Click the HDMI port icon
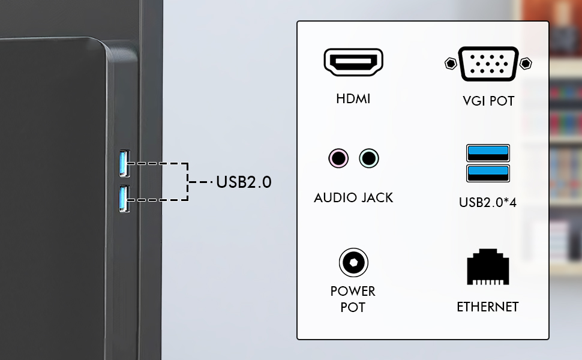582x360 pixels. (353, 62)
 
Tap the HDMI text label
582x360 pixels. (353, 99)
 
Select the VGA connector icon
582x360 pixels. (488, 64)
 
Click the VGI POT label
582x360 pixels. (488, 101)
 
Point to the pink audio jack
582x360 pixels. (338, 158)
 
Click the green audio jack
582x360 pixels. (369, 158)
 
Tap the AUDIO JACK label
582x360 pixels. (353, 198)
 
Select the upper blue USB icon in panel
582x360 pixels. (488, 153)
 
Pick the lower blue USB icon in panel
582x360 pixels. (488, 173)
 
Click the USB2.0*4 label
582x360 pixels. (488, 203)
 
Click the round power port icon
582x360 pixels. (353, 262)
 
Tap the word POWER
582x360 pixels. (353, 292)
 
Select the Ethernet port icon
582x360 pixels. (488, 267)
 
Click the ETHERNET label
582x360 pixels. (488, 307)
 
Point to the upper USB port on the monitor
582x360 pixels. (124, 163)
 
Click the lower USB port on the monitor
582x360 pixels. (124, 199)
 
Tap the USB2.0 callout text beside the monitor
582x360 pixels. (244, 182)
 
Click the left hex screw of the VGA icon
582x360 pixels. (451, 64)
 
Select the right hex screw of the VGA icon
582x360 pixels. (526, 64)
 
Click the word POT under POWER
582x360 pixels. (353, 308)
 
